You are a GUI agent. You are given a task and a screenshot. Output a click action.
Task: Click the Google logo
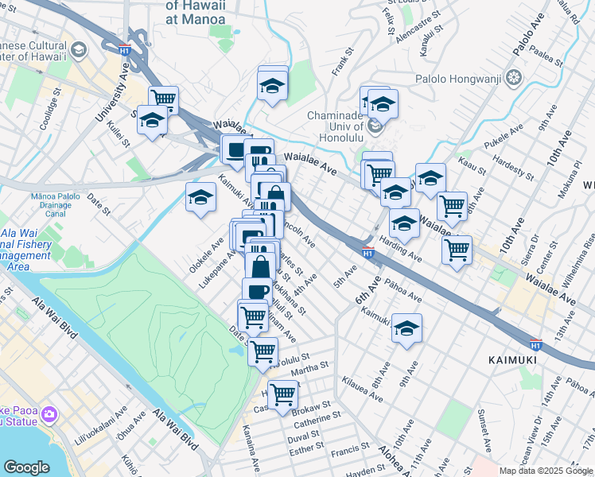tap(26, 467)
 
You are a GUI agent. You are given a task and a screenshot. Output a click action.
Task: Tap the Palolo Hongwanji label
tap(462, 78)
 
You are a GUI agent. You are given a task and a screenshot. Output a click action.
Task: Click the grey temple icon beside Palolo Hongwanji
tap(514, 78)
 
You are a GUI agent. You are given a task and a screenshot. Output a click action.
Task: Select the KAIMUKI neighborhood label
tap(514, 360)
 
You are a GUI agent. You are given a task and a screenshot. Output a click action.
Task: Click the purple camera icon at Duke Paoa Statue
tap(49, 414)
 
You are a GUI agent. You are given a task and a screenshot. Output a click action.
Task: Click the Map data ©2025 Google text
tap(546, 471)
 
